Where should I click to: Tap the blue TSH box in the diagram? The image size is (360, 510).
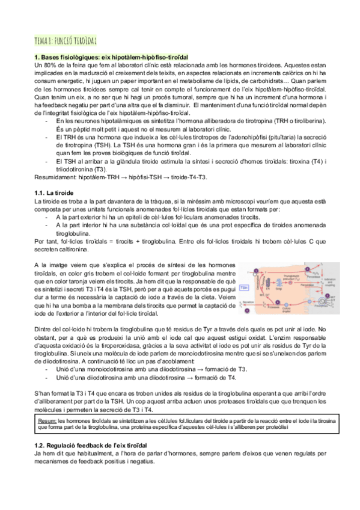[x=245, y=288]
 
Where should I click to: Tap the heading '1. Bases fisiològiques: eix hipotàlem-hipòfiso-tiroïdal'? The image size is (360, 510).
[x=120, y=57]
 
